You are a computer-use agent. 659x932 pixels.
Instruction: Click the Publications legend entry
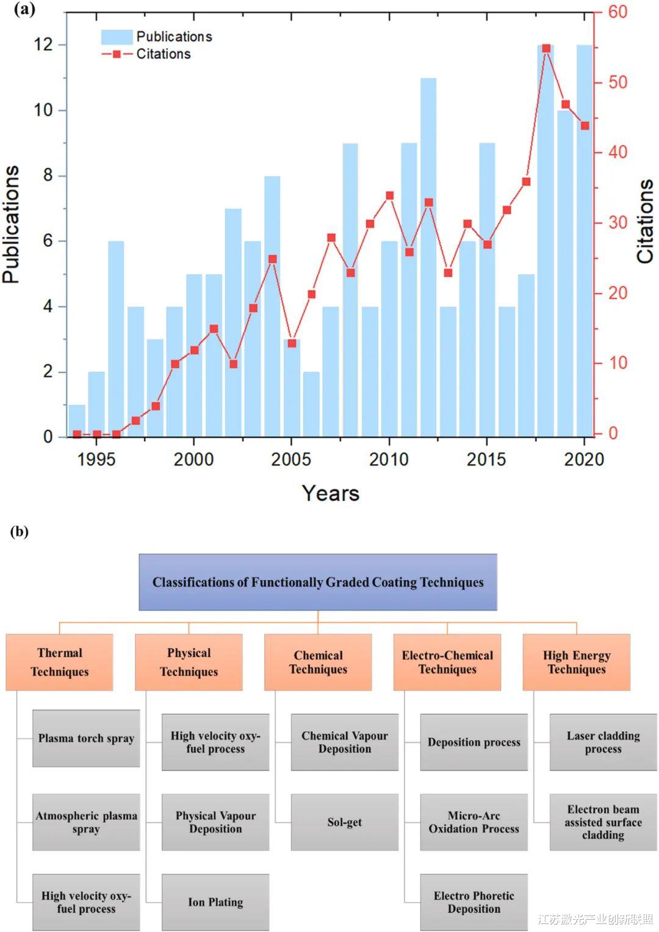click(157, 37)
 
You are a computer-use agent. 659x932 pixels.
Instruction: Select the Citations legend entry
click(146, 54)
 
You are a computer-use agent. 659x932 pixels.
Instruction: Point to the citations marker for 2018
click(546, 48)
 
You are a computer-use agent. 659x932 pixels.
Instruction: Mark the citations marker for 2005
click(292, 343)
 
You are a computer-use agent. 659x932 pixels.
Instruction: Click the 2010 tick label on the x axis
click(389, 459)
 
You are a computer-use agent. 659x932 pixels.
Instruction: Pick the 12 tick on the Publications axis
click(43, 45)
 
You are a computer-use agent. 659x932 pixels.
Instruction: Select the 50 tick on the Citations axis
click(618, 82)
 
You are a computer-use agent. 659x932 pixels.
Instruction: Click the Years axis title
click(330, 493)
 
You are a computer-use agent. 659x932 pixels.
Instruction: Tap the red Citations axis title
click(644, 221)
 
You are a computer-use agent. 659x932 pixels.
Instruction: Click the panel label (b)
click(19, 531)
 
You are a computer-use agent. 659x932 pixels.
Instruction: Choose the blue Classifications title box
click(318, 582)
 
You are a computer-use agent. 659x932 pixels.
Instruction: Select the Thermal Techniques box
click(59, 662)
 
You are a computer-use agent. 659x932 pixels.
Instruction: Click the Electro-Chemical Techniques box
click(447, 662)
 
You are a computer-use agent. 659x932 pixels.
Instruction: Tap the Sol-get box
click(344, 822)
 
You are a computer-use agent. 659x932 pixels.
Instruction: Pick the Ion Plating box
click(215, 902)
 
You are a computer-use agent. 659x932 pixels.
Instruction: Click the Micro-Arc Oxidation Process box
click(474, 822)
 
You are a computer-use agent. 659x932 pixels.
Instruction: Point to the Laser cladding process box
click(603, 742)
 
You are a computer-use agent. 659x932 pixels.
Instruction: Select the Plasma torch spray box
click(86, 738)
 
